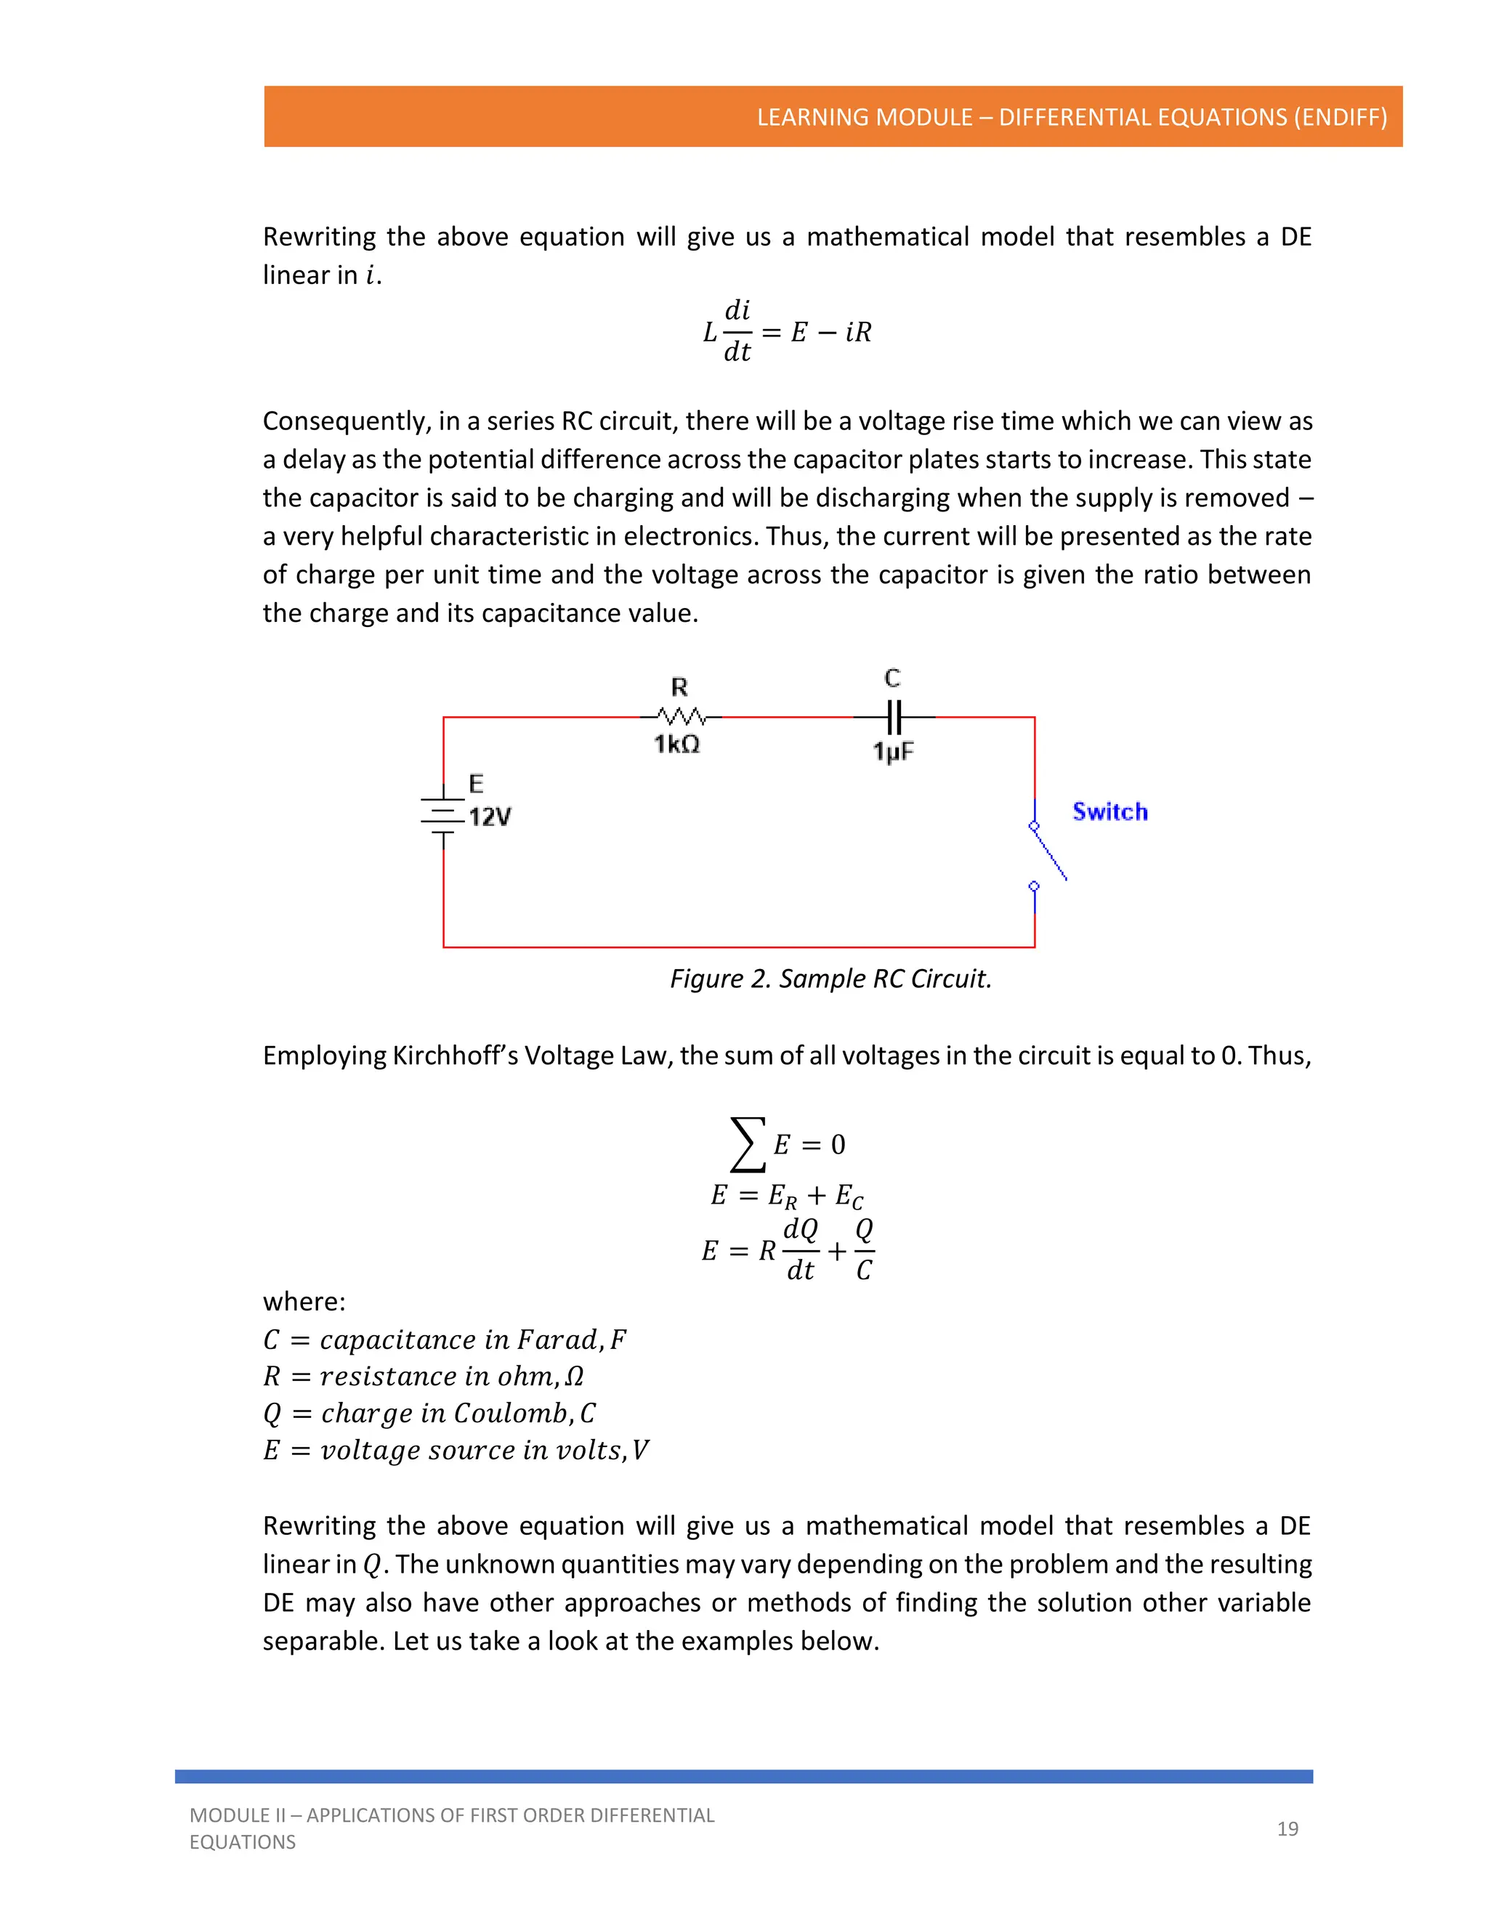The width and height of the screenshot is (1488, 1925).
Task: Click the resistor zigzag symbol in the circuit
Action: tap(681, 716)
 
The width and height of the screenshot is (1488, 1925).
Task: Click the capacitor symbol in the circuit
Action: tap(893, 716)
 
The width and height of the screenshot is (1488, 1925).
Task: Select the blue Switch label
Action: tap(1109, 812)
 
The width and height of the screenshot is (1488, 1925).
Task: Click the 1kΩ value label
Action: tap(676, 745)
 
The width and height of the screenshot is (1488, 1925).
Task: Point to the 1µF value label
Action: tap(893, 752)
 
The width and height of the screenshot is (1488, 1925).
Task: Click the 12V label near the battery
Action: tap(489, 817)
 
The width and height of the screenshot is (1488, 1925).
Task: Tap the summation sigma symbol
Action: tap(748, 1144)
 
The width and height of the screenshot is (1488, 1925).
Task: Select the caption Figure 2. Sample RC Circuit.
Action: tap(830, 978)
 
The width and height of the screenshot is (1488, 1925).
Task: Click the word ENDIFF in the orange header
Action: tap(1340, 117)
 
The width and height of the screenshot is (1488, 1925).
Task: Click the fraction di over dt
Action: tap(737, 331)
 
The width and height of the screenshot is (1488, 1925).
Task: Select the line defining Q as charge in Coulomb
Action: tap(429, 1413)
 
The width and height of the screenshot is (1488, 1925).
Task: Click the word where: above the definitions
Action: tap(304, 1302)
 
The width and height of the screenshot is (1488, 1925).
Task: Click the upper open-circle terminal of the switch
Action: tap(1034, 826)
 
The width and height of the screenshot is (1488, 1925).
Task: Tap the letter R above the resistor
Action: tap(679, 686)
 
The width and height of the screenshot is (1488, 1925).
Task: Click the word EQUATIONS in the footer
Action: tap(243, 1842)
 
